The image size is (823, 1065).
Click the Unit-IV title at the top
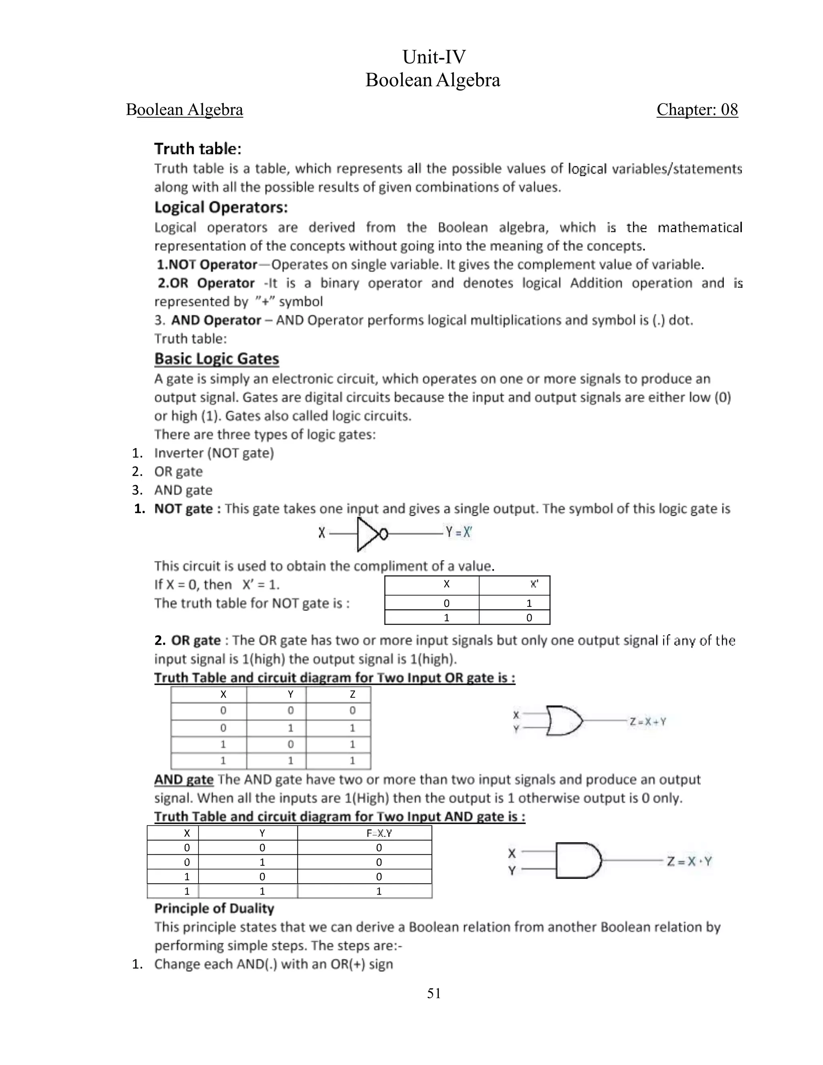(434, 57)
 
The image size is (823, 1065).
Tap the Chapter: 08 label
(697, 109)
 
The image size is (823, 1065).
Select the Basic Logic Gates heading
(217, 359)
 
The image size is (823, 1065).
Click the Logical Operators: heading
(221, 207)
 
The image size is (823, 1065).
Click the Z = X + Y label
(647, 722)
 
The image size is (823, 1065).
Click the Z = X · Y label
(690, 862)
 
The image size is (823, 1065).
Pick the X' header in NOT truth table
(534, 584)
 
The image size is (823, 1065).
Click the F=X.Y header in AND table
(379, 834)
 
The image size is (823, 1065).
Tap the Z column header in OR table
(352, 694)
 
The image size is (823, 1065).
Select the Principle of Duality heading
(214, 909)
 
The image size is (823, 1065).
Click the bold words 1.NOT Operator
(207, 265)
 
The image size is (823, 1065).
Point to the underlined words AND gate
(184, 780)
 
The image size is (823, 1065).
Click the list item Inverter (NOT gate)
(214, 453)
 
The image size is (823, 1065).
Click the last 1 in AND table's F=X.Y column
(379, 891)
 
